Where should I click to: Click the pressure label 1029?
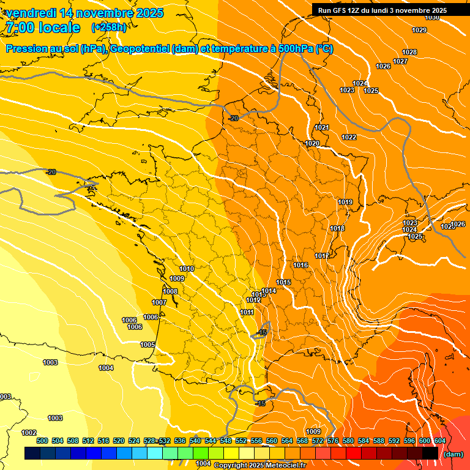click(419, 30)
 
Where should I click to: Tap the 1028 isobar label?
click(409, 52)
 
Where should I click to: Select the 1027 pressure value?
click(400, 61)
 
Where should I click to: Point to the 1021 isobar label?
click(322, 127)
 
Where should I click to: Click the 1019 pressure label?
click(345, 202)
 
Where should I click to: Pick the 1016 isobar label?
click(300, 265)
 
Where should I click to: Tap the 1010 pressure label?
click(187, 269)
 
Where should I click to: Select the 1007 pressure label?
click(159, 302)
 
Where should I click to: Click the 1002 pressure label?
click(29, 433)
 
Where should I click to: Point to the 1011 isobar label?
click(247, 312)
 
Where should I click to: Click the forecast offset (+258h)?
click(109, 28)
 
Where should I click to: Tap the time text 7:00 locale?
click(42, 28)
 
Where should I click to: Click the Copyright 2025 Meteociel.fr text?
click(259, 465)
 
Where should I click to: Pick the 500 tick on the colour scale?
click(42, 441)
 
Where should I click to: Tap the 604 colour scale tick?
click(439, 441)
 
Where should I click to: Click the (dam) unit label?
click(453, 454)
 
